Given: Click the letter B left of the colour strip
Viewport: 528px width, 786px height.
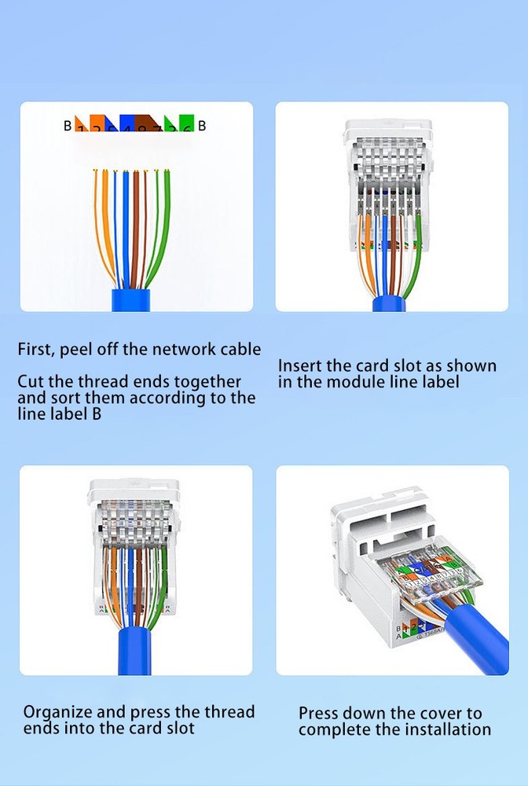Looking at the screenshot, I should tap(68, 125).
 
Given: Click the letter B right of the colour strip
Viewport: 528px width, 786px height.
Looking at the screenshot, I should tap(202, 125).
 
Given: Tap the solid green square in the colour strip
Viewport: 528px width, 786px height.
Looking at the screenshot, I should tap(186, 122).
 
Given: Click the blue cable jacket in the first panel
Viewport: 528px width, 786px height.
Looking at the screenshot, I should tap(136, 299).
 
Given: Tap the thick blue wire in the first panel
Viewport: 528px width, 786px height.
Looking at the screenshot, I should tap(125, 228).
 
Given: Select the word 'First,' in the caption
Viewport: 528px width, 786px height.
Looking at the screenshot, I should tap(36, 350).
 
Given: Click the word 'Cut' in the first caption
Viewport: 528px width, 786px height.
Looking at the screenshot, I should tap(30, 382).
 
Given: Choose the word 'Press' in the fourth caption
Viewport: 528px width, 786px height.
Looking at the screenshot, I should tap(321, 714).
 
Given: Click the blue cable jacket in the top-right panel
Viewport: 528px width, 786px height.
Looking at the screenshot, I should tap(390, 303).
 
